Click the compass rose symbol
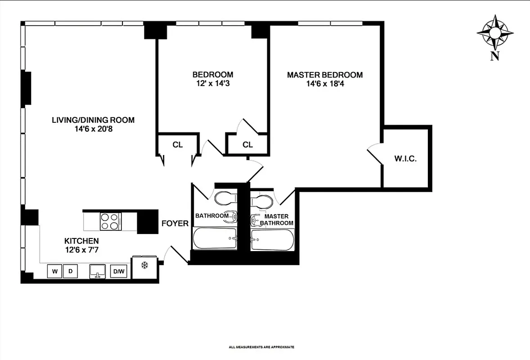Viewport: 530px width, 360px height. pyautogui.click(x=495, y=32)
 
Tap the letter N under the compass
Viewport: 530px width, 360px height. pyautogui.click(x=495, y=56)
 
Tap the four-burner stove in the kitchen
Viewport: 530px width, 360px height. pyautogui.click(x=110, y=221)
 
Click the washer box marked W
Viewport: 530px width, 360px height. pyautogui.click(x=54, y=271)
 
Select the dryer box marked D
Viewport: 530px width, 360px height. pyautogui.click(x=70, y=271)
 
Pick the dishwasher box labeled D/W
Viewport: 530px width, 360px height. pyautogui.click(x=118, y=271)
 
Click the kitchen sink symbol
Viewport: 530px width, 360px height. pyautogui.click(x=97, y=271)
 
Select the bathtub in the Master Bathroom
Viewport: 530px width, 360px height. pyautogui.click(x=272, y=239)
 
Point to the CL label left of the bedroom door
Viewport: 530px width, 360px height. pyautogui.click(x=177, y=145)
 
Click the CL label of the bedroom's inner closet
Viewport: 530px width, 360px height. pyautogui.click(x=247, y=145)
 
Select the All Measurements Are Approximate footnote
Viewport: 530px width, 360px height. pyautogui.click(x=261, y=347)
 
